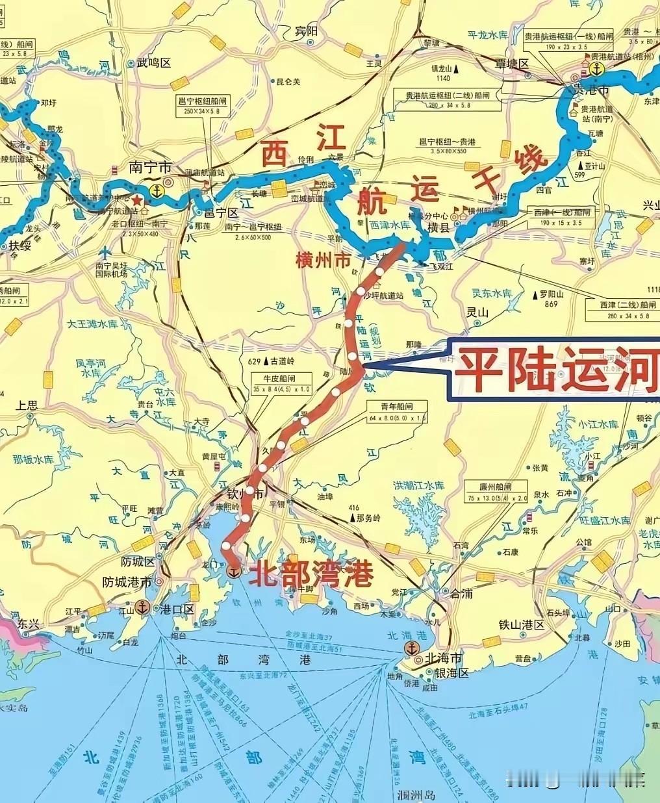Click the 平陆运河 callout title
tap(556, 368)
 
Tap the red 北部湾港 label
tap(311, 574)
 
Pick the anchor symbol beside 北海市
tap(411, 648)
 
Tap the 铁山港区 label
tap(521, 624)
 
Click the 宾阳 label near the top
tap(307, 31)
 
